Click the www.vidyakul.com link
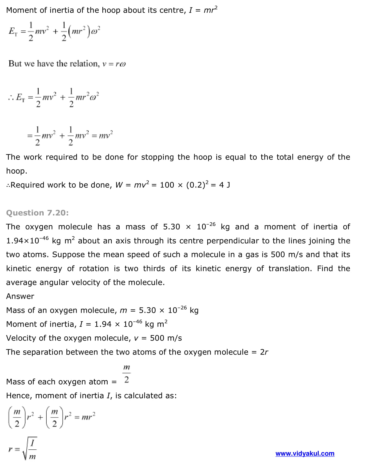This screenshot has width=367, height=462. [x=305, y=453]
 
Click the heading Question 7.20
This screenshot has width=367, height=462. [x=37, y=213]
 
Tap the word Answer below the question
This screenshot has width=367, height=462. [x=20, y=296]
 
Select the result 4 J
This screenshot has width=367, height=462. [x=225, y=185]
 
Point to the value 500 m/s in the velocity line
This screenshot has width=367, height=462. [x=166, y=338]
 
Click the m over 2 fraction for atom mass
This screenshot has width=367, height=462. [x=126, y=374]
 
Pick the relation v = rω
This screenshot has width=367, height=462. [x=114, y=64]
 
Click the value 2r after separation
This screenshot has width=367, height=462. [x=264, y=352]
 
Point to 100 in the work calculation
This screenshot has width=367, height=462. [x=167, y=185]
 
